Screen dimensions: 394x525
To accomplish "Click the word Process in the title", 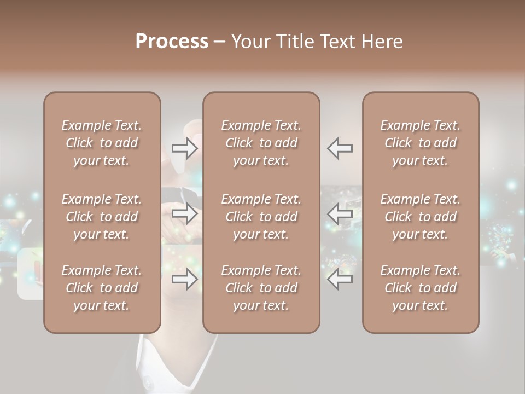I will (x=172, y=42).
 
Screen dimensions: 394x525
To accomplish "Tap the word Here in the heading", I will (x=383, y=42).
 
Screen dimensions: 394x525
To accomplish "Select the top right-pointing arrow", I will (x=185, y=148).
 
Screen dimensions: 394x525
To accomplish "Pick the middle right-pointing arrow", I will (x=185, y=213).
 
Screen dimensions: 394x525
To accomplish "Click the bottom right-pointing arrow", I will (x=185, y=279).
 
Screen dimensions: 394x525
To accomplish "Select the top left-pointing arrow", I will (x=340, y=148).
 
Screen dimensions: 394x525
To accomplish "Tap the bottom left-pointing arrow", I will (x=340, y=279).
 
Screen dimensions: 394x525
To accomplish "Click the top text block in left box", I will (x=102, y=143).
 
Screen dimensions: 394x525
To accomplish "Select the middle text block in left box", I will (x=102, y=217).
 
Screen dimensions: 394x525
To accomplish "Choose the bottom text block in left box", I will (x=102, y=288).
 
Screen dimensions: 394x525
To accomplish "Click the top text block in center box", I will (x=261, y=143).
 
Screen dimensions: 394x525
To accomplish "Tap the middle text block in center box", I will (x=261, y=217).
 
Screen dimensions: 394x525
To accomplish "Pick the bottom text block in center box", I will (x=261, y=288).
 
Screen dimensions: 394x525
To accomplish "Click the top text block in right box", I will (x=420, y=143).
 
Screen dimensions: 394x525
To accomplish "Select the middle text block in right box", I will (x=420, y=217).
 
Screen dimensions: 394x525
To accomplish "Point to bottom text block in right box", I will (x=420, y=288).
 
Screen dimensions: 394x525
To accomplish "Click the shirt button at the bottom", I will (x=147, y=379).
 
